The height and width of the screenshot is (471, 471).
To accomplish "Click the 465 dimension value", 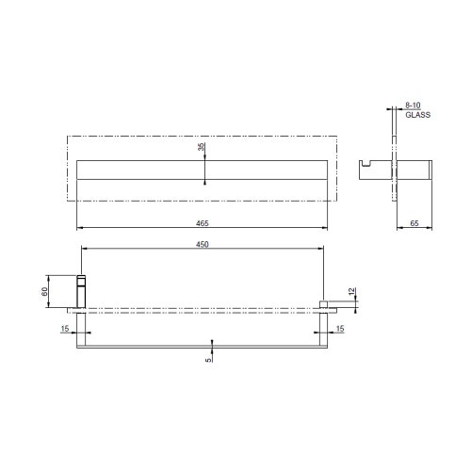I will coord(203,223).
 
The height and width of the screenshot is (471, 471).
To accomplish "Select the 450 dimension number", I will coord(203,244).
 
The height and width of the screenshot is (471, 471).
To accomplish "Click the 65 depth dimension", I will coord(414,223).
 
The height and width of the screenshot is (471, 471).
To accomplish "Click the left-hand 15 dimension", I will coord(64,328).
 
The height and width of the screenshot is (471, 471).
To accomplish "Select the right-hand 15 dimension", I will coord(340,328).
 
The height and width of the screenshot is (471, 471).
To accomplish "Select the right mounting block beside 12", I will coord(324,302).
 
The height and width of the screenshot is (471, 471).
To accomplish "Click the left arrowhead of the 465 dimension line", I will coord(78,228).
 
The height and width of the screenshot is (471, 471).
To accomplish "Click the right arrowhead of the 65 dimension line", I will coord(433,228).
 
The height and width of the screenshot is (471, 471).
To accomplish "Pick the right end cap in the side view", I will coord(429,169).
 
